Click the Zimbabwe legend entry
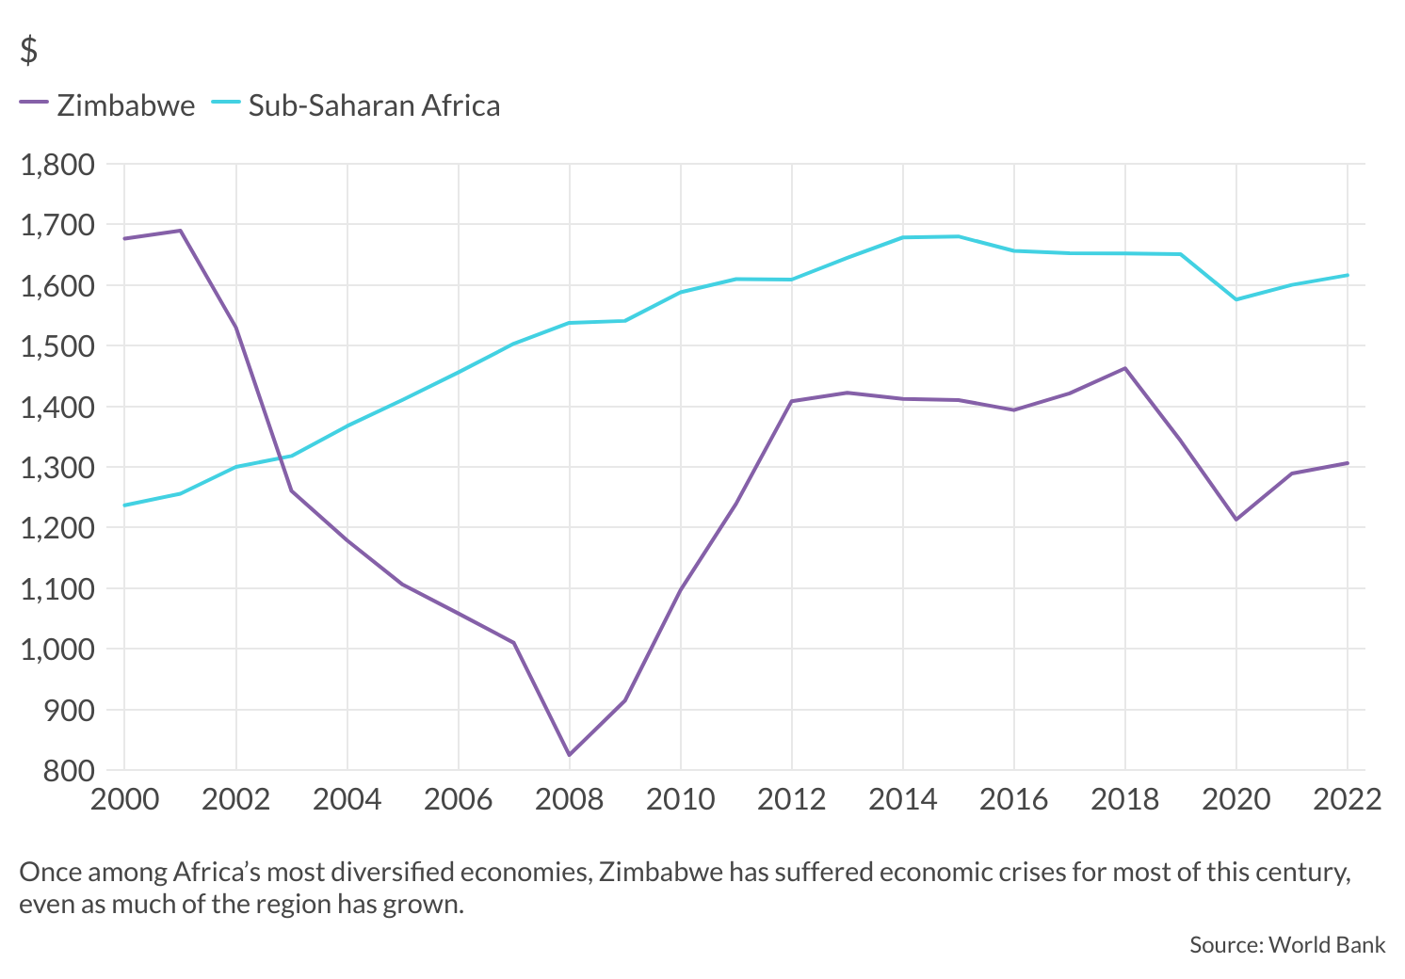tap(108, 105)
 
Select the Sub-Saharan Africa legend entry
tap(356, 105)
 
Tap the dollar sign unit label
tap(29, 50)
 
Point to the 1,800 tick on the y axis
tap(57, 165)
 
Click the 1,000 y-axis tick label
tap(57, 650)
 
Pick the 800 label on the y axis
tap(69, 771)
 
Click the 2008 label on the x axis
tap(569, 800)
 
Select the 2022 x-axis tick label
tap(1347, 800)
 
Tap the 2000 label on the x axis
tap(124, 800)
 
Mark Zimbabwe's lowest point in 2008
tap(569, 755)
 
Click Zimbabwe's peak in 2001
tap(180, 231)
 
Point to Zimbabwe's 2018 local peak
tap(1124, 368)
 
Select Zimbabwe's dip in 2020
tap(1235, 520)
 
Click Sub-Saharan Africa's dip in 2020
tap(1235, 299)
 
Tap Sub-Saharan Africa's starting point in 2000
tap(124, 506)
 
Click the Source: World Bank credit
tap(1286, 945)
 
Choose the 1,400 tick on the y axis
tap(57, 408)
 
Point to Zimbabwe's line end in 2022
tap(1347, 463)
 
